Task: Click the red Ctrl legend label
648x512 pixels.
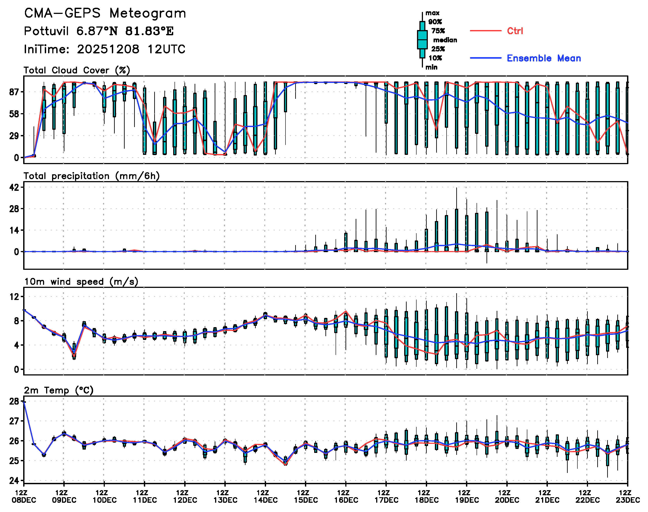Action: (x=515, y=31)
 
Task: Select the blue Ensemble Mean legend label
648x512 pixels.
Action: (x=543, y=58)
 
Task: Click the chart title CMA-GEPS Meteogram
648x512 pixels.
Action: (x=105, y=13)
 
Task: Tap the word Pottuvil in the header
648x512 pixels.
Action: (x=46, y=31)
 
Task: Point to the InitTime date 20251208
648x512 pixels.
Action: (x=108, y=49)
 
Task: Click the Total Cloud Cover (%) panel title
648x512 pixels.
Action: (x=77, y=70)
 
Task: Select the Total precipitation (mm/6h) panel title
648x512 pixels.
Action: (x=92, y=176)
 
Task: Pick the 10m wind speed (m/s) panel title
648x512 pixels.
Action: (x=81, y=282)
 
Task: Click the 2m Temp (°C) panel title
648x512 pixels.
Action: (x=59, y=390)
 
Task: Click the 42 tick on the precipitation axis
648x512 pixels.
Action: (x=14, y=188)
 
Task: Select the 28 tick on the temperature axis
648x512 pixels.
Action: (x=14, y=401)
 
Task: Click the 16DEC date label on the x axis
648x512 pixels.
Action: (x=346, y=500)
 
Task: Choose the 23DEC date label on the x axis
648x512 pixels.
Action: (x=628, y=500)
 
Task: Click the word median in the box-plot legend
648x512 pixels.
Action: (x=445, y=40)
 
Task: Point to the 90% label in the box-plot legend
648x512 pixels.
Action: (x=435, y=22)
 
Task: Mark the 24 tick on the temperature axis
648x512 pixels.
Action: (x=14, y=481)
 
